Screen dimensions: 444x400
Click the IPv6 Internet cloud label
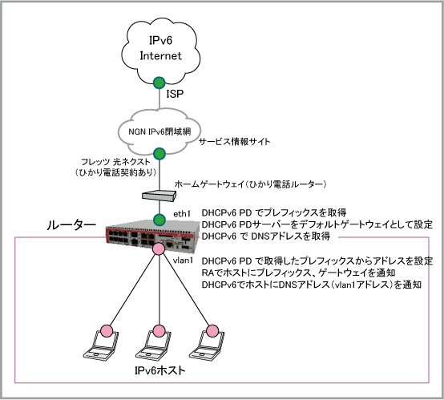[160, 48]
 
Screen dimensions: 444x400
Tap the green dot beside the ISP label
[159, 83]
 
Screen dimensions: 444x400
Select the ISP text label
[175, 94]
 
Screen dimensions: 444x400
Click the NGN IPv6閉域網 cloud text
[159, 131]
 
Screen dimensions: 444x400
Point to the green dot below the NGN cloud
[159, 153]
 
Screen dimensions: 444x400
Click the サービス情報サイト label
[235, 141]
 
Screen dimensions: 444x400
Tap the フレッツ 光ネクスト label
[115, 162]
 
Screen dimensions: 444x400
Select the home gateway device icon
[159, 195]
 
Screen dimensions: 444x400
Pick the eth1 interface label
[182, 214]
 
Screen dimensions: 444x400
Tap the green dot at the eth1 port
[159, 220]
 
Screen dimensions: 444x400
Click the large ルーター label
[71, 225]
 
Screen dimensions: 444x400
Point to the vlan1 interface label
[183, 260]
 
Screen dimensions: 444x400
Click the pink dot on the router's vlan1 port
[159, 248]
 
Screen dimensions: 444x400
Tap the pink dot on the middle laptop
[159, 331]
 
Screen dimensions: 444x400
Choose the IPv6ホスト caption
[160, 370]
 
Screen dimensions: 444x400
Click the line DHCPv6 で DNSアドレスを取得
[266, 236]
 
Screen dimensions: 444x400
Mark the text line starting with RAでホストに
[298, 273]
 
